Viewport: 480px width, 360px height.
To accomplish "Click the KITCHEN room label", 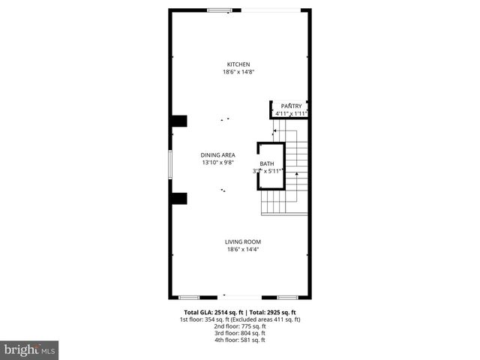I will [x=239, y=64].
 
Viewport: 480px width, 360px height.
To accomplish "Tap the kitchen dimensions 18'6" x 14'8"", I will [x=239, y=72].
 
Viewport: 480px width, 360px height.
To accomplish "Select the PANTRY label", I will [x=291, y=106].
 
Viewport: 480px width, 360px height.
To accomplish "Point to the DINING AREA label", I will [x=218, y=155].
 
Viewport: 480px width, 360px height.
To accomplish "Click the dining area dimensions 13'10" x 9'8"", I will [x=218, y=163].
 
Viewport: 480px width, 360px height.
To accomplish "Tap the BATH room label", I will [x=267, y=163].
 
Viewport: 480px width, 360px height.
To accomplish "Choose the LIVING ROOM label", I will [x=243, y=241].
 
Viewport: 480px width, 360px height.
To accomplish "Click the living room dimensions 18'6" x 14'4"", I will [x=243, y=249].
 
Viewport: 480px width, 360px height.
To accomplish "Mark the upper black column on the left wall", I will [x=178, y=121].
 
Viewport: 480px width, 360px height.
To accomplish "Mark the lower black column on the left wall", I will [x=178, y=198].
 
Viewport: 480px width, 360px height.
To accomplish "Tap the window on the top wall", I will [x=219, y=10].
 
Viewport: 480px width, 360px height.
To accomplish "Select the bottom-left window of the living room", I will [x=189, y=297].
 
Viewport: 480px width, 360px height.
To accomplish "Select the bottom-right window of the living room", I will [x=288, y=297].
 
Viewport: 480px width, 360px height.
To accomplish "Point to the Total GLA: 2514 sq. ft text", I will [x=212, y=312].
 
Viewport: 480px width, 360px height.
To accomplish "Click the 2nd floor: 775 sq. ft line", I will [x=239, y=326].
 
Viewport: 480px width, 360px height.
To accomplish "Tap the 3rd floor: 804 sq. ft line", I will [x=239, y=333].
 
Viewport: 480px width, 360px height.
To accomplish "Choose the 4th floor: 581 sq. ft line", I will [x=239, y=340].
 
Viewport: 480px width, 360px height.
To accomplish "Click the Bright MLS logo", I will [x=30, y=349].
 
